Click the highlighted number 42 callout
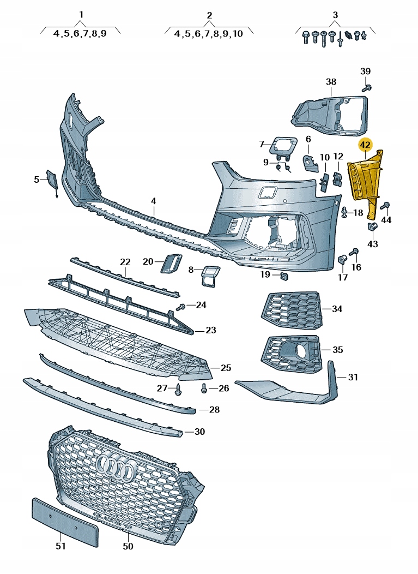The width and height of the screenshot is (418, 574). [x=365, y=145]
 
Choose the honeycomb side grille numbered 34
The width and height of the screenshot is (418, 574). [x=292, y=310]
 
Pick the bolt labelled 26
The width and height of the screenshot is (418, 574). [x=204, y=388]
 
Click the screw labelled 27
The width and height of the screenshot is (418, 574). [x=178, y=389]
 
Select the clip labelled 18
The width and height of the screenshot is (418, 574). [x=344, y=212]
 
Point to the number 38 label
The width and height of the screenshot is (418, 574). [x=331, y=82]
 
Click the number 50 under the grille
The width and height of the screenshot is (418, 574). [x=128, y=546]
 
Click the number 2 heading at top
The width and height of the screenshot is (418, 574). [x=209, y=15]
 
